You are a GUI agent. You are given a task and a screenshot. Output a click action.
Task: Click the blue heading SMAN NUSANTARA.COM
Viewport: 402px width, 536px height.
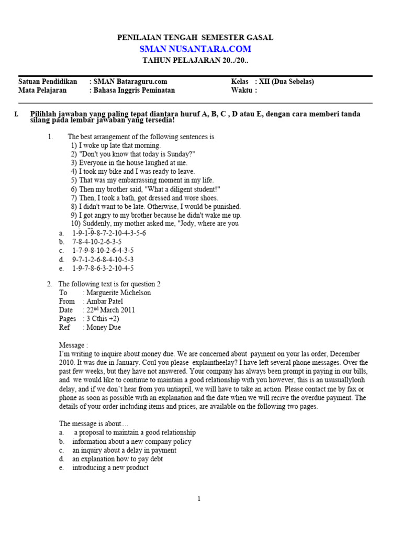pyautogui.click(x=195, y=49)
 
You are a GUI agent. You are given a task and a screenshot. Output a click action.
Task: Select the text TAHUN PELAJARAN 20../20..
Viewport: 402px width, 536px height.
pyautogui.click(x=195, y=60)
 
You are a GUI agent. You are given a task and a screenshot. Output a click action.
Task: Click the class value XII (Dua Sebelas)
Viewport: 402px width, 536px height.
pyautogui.click(x=287, y=82)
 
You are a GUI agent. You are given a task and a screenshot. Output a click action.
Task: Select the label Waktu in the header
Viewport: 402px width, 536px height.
pyautogui.click(x=243, y=90)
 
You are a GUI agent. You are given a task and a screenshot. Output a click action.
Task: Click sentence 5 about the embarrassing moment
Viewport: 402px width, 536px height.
pyautogui.click(x=142, y=180)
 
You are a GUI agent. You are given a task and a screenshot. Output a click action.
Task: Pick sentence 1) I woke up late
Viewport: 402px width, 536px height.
pyautogui.click(x=116, y=146)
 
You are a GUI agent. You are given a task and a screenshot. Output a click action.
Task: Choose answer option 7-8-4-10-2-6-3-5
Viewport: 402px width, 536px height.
pyautogui.click(x=97, y=242)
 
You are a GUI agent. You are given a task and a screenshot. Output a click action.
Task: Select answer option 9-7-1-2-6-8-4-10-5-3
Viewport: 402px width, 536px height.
pyautogui.click(x=103, y=260)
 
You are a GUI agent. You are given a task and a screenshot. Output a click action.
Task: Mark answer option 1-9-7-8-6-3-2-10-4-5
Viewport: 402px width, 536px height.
pyautogui.click(x=103, y=269)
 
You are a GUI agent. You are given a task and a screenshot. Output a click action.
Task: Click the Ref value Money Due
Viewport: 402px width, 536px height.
pyautogui.click(x=104, y=327)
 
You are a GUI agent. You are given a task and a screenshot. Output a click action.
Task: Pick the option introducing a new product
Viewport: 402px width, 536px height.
pyautogui.click(x=110, y=467)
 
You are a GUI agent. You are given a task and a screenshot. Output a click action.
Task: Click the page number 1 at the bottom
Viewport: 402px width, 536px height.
pyautogui.click(x=199, y=499)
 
